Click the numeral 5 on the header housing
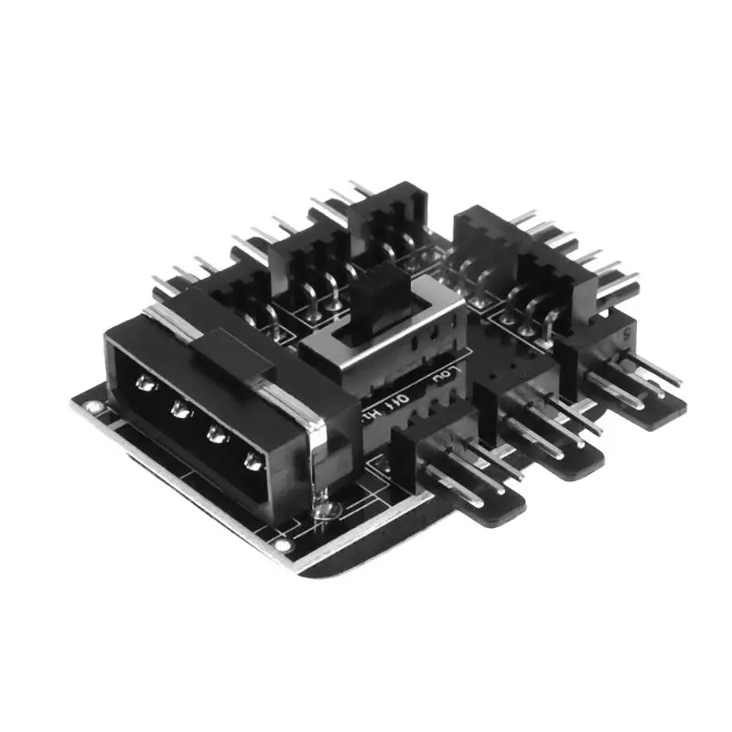click(x=625, y=335)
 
